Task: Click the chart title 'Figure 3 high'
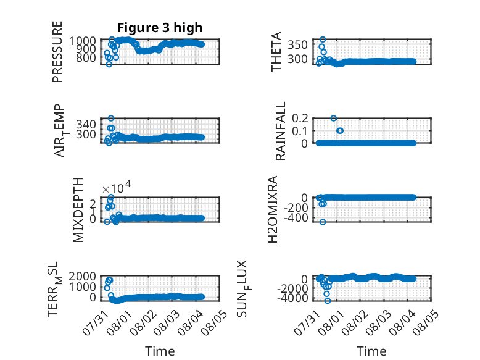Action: (160, 28)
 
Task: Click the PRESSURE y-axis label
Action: (57, 52)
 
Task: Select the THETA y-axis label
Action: (276, 52)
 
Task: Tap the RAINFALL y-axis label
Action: (280, 131)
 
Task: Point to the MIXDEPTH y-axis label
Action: (78, 210)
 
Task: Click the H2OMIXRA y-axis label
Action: (273, 209)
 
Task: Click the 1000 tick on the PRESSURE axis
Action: (82, 41)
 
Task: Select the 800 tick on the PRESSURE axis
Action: (86, 57)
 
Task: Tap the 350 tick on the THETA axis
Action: (297, 44)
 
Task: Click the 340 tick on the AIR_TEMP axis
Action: (86, 124)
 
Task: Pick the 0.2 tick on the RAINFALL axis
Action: (300, 118)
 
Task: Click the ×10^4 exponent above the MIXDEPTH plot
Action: (117, 187)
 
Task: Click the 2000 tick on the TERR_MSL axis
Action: (82, 277)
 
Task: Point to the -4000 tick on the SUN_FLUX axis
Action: (292, 298)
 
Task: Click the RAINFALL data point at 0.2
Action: (334, 119)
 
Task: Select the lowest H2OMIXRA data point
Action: (323, 222)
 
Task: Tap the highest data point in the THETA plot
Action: (323, 40)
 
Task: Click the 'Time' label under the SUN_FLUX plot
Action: (371, 351)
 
